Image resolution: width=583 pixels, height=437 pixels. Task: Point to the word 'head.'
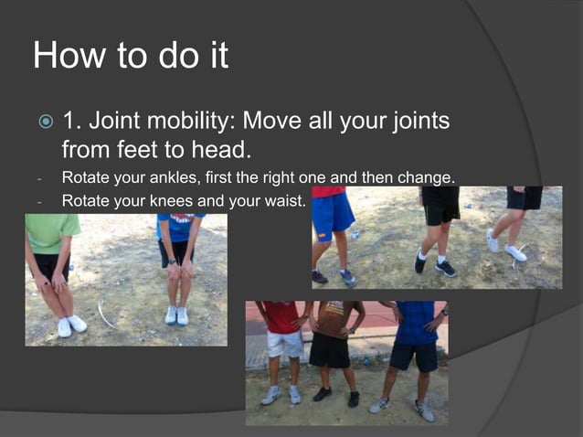pos(226,147)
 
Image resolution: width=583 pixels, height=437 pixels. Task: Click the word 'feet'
pos(141,147)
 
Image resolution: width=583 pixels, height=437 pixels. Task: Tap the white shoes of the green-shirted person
pos(70,325)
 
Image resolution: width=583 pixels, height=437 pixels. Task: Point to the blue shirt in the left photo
pos(181,227)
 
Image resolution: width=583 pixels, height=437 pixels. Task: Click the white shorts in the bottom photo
pos(284,345)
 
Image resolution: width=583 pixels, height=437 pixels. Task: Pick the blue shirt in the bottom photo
pos(416,321)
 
